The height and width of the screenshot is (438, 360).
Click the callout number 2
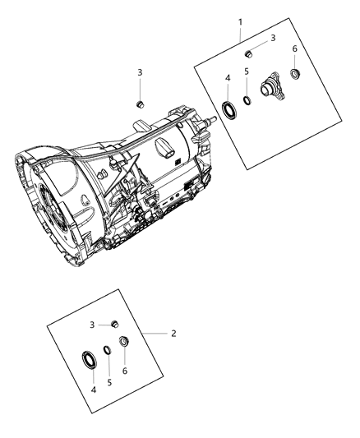pos(173,333)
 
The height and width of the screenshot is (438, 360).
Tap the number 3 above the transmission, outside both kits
pos(140,72)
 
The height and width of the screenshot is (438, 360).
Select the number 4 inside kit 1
pos(227,78)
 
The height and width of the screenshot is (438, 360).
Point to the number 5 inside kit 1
pos(247,72)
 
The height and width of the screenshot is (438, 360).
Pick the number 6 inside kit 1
pos(294,48)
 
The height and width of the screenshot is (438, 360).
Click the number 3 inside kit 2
pos(92,325)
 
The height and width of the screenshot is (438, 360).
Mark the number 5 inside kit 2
pos(109,383)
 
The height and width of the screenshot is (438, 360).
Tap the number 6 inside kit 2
pos(125,371)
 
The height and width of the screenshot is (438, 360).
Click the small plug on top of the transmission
pos(140,104)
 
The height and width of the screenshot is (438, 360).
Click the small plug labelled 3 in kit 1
pos(247,53)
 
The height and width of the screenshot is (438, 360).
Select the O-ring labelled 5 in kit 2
pos(108,352)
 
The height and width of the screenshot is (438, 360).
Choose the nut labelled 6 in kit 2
pos(124,342)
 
